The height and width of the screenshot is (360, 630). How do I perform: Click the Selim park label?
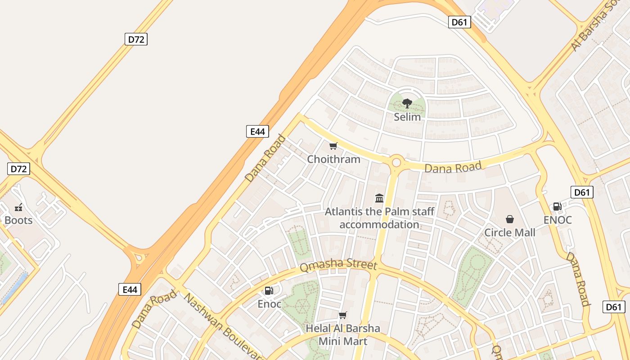click(x=407, y=117)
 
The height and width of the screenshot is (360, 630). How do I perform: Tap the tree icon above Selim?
click(x=407, y=103)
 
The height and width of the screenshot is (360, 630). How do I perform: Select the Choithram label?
click(x=333, y=159)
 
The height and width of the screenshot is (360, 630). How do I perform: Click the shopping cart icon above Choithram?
click(x=333, y=146)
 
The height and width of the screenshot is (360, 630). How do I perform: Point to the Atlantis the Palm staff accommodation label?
click(x=379, y=218)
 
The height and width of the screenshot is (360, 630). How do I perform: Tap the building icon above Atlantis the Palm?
click(x=379, y=198)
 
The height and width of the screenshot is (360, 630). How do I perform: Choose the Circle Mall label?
click(x=510, y=233)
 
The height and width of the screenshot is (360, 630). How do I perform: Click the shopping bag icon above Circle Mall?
click(x=510, y=219)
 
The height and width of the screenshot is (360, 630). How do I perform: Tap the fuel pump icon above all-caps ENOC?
click(x=557, y=207)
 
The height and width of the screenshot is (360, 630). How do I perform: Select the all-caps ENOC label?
click(x=558, y=220)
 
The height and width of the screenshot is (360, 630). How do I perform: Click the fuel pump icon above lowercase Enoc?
click(x=269, y=291)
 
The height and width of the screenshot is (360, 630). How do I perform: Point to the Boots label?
click(x=18, y=220)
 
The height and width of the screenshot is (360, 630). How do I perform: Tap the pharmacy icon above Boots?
click(x=18, y=207)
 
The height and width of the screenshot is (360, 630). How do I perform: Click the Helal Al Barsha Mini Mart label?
click(x=343, y=335)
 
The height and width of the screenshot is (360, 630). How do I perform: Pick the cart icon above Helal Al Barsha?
click(x=343, y=315)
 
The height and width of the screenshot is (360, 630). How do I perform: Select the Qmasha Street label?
click(x=338, y=265)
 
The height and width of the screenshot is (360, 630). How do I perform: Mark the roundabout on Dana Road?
click(x=396, y=162)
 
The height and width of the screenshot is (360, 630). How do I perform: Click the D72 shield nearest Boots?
click(x=18, y=169)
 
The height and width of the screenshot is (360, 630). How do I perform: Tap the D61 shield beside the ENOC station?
click(x=582, y=193)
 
